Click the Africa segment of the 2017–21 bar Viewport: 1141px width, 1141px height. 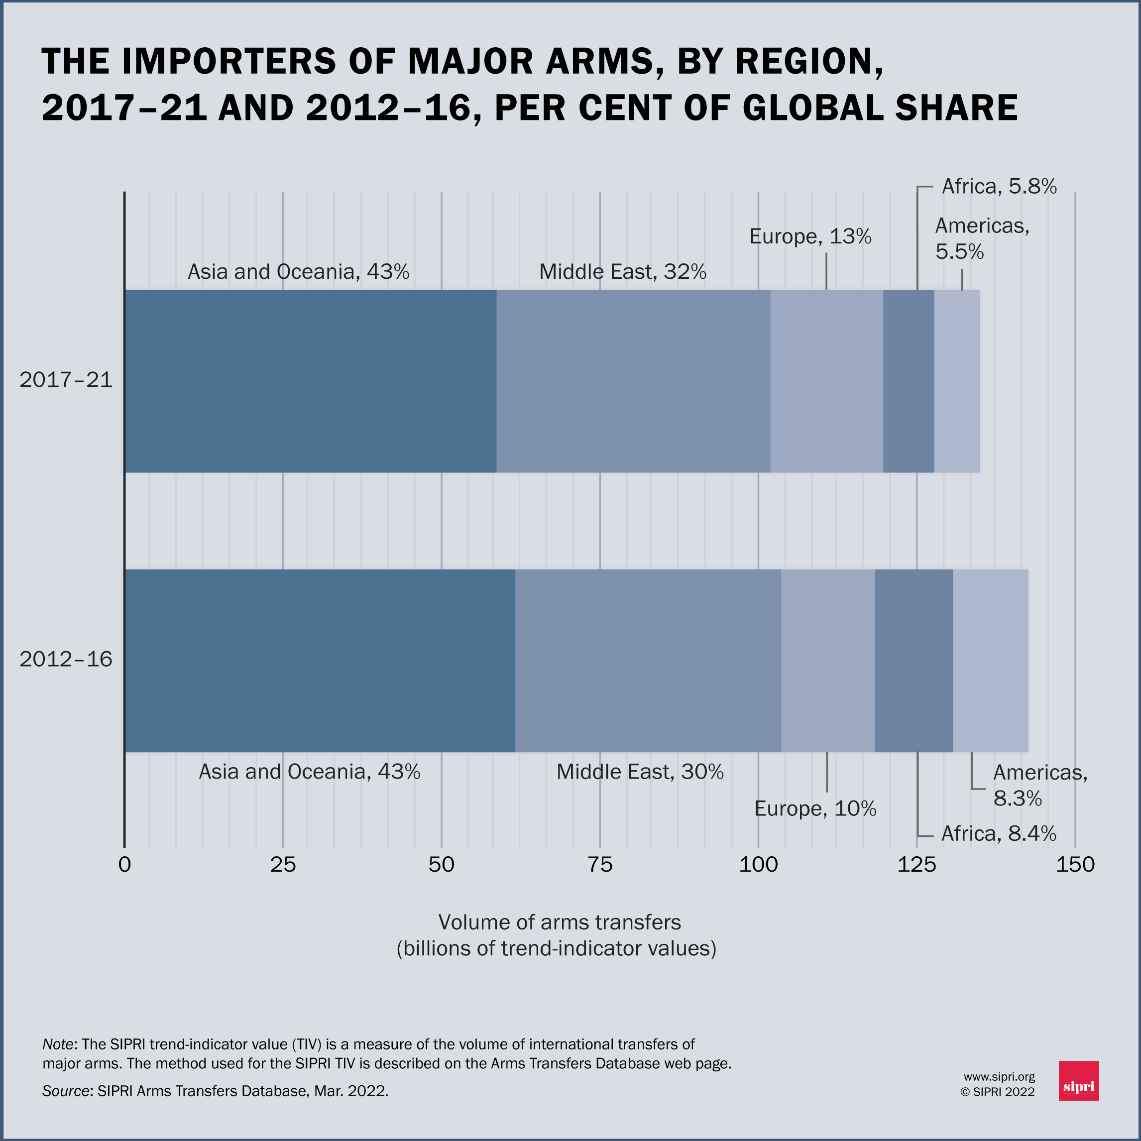909,381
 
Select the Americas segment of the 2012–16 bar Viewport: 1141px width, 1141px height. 990,660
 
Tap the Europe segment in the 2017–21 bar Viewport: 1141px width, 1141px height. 826,381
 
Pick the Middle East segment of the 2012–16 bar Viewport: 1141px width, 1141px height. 648,660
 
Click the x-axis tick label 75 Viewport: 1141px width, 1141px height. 600,865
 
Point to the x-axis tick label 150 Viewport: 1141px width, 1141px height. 1075,865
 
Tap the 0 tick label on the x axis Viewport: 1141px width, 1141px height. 124,865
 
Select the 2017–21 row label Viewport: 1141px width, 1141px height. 66,380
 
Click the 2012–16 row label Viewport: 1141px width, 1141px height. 66,659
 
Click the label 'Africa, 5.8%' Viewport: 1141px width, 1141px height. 999,187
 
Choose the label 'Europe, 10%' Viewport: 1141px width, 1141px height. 815,808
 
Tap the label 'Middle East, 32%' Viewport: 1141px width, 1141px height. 622,272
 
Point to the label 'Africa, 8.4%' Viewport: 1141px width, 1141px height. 998,833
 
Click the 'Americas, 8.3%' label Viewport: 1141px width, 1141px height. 1039,785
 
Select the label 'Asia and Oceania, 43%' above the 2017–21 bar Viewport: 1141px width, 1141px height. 298,272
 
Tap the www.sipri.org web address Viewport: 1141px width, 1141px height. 999,1077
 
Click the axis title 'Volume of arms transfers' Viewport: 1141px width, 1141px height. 559,922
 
